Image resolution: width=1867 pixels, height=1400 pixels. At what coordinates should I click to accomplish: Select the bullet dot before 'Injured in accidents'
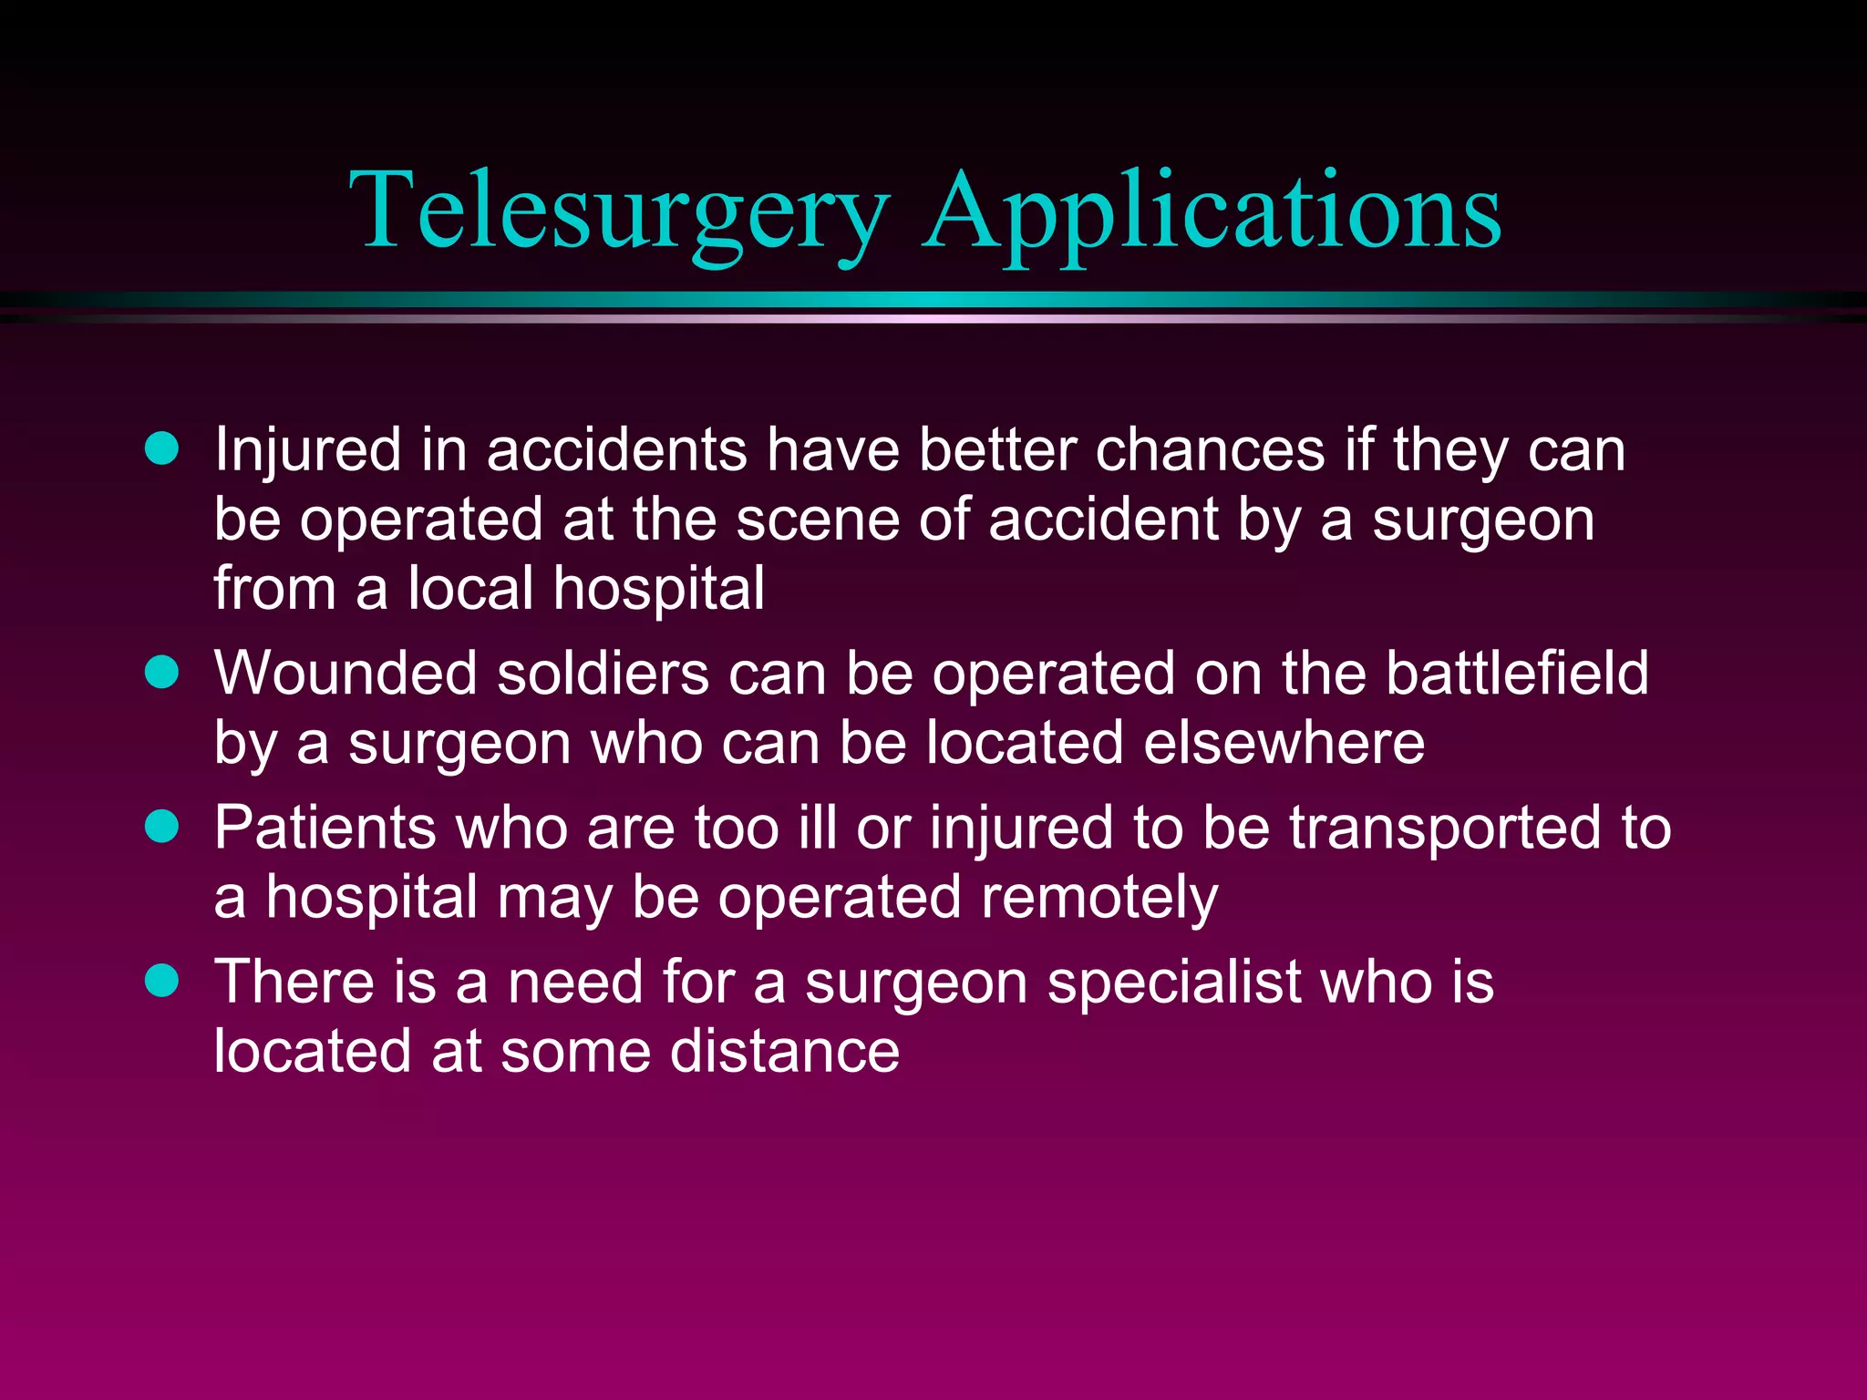(162, 448)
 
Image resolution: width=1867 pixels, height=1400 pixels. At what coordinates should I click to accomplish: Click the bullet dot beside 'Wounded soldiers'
(162, 673)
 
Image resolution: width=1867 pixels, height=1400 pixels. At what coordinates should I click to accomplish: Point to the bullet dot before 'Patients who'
(162, 827)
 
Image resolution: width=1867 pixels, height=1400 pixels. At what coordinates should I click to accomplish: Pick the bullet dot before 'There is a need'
(162, 981)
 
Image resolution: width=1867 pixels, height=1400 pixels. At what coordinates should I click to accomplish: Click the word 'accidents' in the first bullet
(616, 450)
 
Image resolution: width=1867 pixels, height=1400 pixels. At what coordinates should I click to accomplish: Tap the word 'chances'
(1210, 450)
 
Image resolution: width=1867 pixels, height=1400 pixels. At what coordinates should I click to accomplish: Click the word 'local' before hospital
(469, 589)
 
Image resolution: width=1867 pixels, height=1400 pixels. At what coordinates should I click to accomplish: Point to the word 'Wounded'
(346, 674)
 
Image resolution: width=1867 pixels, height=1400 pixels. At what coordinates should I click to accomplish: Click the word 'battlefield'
(1517, 674)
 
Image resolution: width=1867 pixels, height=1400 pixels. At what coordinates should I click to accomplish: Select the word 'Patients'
(325, 829)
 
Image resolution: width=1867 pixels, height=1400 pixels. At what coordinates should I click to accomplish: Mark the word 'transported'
(1445, 829)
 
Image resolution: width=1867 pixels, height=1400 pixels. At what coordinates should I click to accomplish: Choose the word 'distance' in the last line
(785, 1052)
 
